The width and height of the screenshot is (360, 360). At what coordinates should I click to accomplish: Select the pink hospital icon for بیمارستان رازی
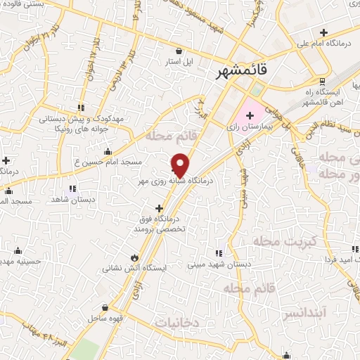click(x=250, y=115)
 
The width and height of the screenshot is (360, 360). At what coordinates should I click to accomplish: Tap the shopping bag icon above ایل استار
click(x=179, y=51)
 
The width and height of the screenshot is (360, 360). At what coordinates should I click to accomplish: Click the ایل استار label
click(x=179, y=62)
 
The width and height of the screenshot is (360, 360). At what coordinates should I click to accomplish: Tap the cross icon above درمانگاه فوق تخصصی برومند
click(x=160, y=208)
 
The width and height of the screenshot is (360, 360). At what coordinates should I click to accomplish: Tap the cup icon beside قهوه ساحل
click(x=105, y=307)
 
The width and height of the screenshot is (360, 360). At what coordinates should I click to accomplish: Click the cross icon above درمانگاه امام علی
click(x=323, y=32)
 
